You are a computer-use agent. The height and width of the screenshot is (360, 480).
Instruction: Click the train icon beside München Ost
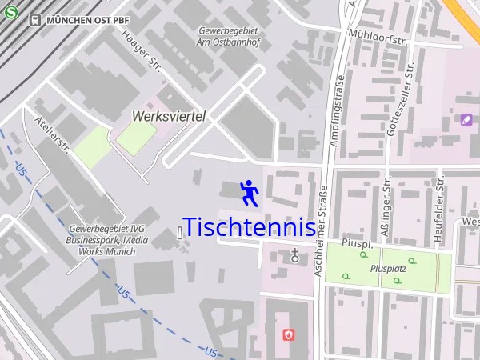click(34, 19)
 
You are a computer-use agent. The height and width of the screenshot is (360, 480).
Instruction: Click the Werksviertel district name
click(168, 116)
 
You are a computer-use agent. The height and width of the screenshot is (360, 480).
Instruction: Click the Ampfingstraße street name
click(338, 112)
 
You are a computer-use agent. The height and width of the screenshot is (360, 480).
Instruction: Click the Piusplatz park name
click(389, 269)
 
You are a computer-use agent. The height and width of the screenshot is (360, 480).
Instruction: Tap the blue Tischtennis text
click(249, 227)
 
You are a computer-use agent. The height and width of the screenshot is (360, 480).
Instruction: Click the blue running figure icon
click(249, 192)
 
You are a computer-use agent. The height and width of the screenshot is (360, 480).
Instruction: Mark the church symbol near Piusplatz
click(296, 256)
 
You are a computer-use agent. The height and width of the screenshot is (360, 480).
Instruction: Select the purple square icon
click(466, 120)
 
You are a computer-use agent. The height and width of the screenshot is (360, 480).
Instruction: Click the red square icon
click(289, 334)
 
